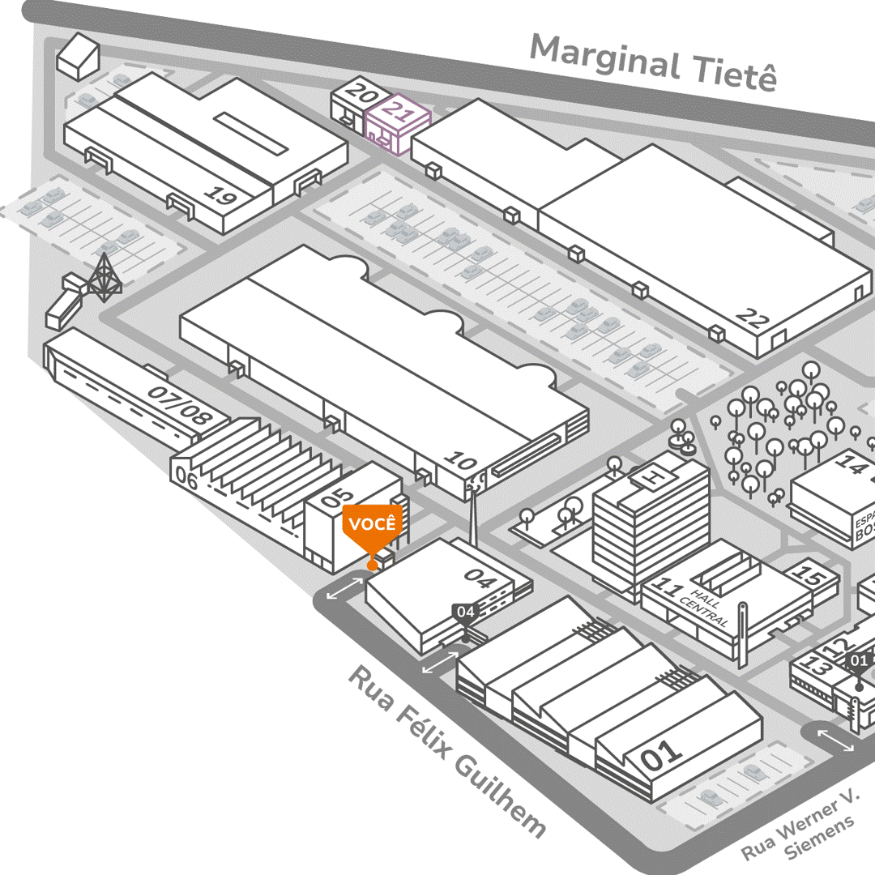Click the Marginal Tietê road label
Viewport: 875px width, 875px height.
(653, 62)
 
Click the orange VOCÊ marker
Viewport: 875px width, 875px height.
(372, 523)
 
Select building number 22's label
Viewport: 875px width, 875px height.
(752, 318)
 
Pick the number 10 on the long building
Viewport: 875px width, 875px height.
(460, 461)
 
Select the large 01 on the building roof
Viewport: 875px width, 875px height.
(662, 755)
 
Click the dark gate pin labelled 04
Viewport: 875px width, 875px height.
(465, 612)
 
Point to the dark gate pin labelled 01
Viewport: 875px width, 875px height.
(859, 660)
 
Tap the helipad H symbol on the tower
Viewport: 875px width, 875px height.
(649, 479)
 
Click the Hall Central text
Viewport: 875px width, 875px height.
(705, 606)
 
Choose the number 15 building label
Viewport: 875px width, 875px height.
(808, 575)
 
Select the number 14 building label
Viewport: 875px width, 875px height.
(851, 464)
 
